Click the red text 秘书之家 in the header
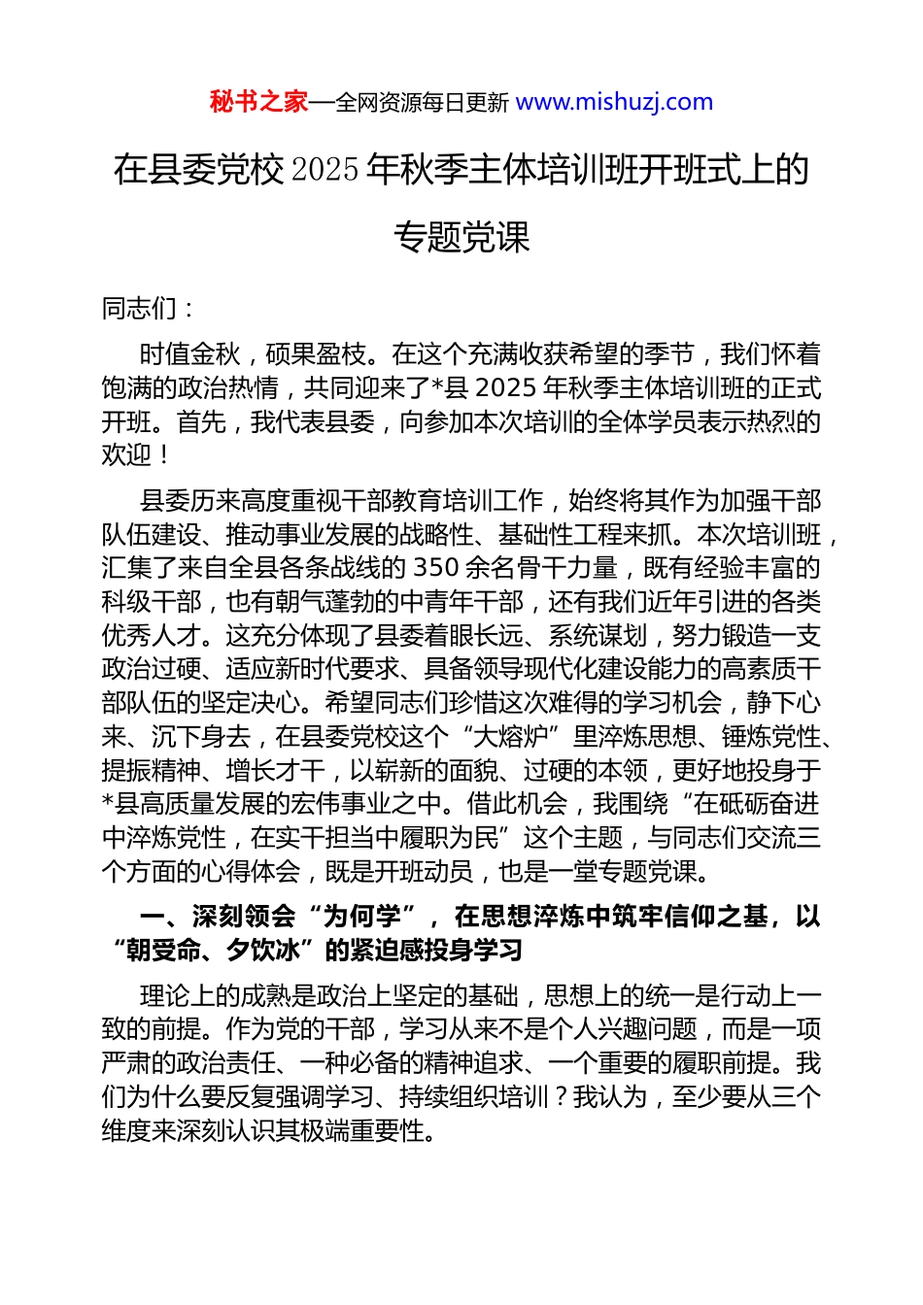tap(258, 102)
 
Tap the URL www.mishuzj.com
tap(614, 102)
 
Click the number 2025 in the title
tap(325, 170)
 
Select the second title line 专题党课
tap(461, 237)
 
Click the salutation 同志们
tap(139, 309)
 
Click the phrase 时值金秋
tap(189, 354)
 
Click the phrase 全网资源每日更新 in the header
tap(422, 102)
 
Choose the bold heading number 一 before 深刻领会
tap(152, 917)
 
